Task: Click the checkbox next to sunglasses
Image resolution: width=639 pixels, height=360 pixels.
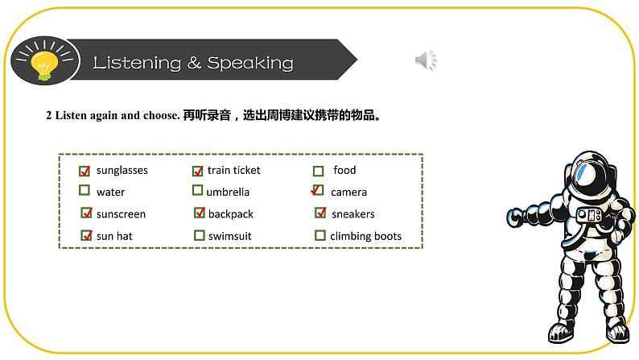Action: coord(85,171)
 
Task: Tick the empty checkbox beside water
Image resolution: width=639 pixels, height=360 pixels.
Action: coord(85,191)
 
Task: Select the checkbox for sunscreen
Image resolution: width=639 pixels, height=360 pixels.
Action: coord(87,213)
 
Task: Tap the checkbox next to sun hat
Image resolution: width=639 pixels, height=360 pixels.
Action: coord(87,236)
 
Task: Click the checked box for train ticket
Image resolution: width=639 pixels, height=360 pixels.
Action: coord(197,171)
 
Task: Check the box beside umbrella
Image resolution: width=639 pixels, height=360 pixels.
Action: coord(198,191)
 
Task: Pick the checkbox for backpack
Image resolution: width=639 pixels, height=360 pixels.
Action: coord(200,213)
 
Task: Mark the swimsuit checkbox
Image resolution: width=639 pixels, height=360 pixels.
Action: coord(200,236)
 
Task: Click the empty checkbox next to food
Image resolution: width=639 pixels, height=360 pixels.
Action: coord(319,171)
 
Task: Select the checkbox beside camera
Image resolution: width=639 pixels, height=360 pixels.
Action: coord(318,192)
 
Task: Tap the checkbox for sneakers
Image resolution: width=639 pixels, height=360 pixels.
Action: coord(320,213)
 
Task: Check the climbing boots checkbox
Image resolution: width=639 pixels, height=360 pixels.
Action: coord(320,236)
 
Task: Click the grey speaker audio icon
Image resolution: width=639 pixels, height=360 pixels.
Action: coord(426,60)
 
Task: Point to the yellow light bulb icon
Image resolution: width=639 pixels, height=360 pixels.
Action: coord(42,62)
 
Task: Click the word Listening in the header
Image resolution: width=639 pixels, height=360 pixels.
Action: coord(138,63)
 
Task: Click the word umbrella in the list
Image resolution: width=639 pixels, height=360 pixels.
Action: coord(228,192)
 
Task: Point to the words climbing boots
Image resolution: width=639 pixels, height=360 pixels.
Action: coord(365,237)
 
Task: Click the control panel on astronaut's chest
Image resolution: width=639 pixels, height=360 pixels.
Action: coord(593,216)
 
